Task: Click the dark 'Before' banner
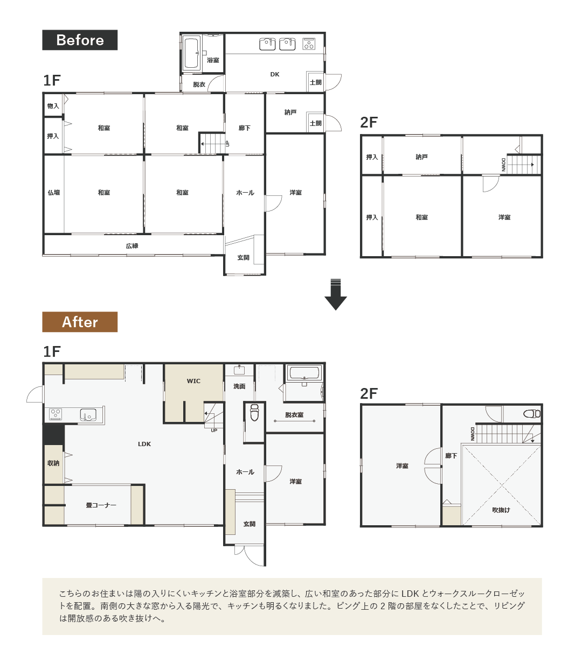pos(80,40)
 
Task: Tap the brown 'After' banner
pos(80,322)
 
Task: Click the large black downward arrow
pos(336,294)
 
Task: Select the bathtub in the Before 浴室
pos(191,53)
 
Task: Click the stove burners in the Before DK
pos(309,44)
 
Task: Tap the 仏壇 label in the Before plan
pos(54,193)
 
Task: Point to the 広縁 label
pos(131,246)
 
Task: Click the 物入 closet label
pos(53,106)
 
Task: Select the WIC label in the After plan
pos(193,381)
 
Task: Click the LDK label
pos(144,444)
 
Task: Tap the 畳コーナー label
pos(101,505)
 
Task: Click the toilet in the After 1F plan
pos(254,412)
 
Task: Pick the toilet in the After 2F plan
pos(531,414)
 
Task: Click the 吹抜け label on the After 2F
pos(501,510)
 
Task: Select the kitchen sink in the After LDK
pos(88,415)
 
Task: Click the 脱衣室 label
pos(294,414)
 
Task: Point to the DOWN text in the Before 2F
pos(503,165)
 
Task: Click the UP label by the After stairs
pos(214,431)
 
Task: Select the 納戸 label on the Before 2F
pos(421,157)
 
